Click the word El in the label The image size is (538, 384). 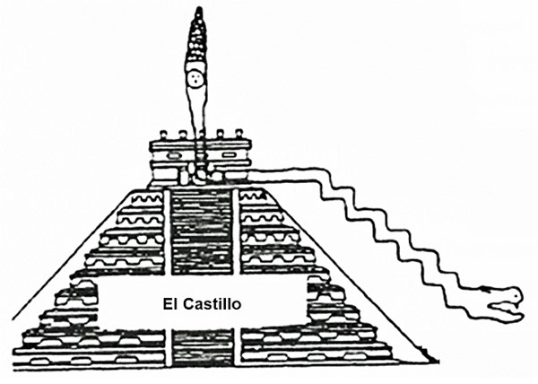pyautogui.click(x=169, y=304)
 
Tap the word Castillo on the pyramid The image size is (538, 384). pyautogui.click(x=212, y=304)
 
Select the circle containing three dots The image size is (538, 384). pyautogui.click(x=196, y=79)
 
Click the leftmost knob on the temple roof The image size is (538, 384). pyautogui.click(x=163, y=134)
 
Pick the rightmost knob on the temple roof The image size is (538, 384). pyautogui.click(x=239, y=133)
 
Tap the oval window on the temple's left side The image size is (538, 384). pyautogui.click(x=174, y=155)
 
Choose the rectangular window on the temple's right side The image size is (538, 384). pyautogui.click(x=228, y=155)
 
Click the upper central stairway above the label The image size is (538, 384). pyautogui.click(x=202, y=231)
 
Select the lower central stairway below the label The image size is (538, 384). pyautogui.click(x=203, y=347)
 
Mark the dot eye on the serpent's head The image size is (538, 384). pyautogui.click(x=516, y=295)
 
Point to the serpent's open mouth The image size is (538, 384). pyautogui.click(x=501, y=307)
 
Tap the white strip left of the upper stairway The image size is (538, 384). pyautogui.click(x=167, y=231)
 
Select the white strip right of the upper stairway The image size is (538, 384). pyautogui.click(x=237, y=231)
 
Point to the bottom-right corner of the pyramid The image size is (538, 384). pyautogui.click(x=438, y=362)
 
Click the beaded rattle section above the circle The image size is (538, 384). pyautogui.click(x=196, y=39)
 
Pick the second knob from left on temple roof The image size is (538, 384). pyautogui.click(x=183, y=135)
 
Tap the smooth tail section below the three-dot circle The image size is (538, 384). pyautogui.click(x=196, y=109)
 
